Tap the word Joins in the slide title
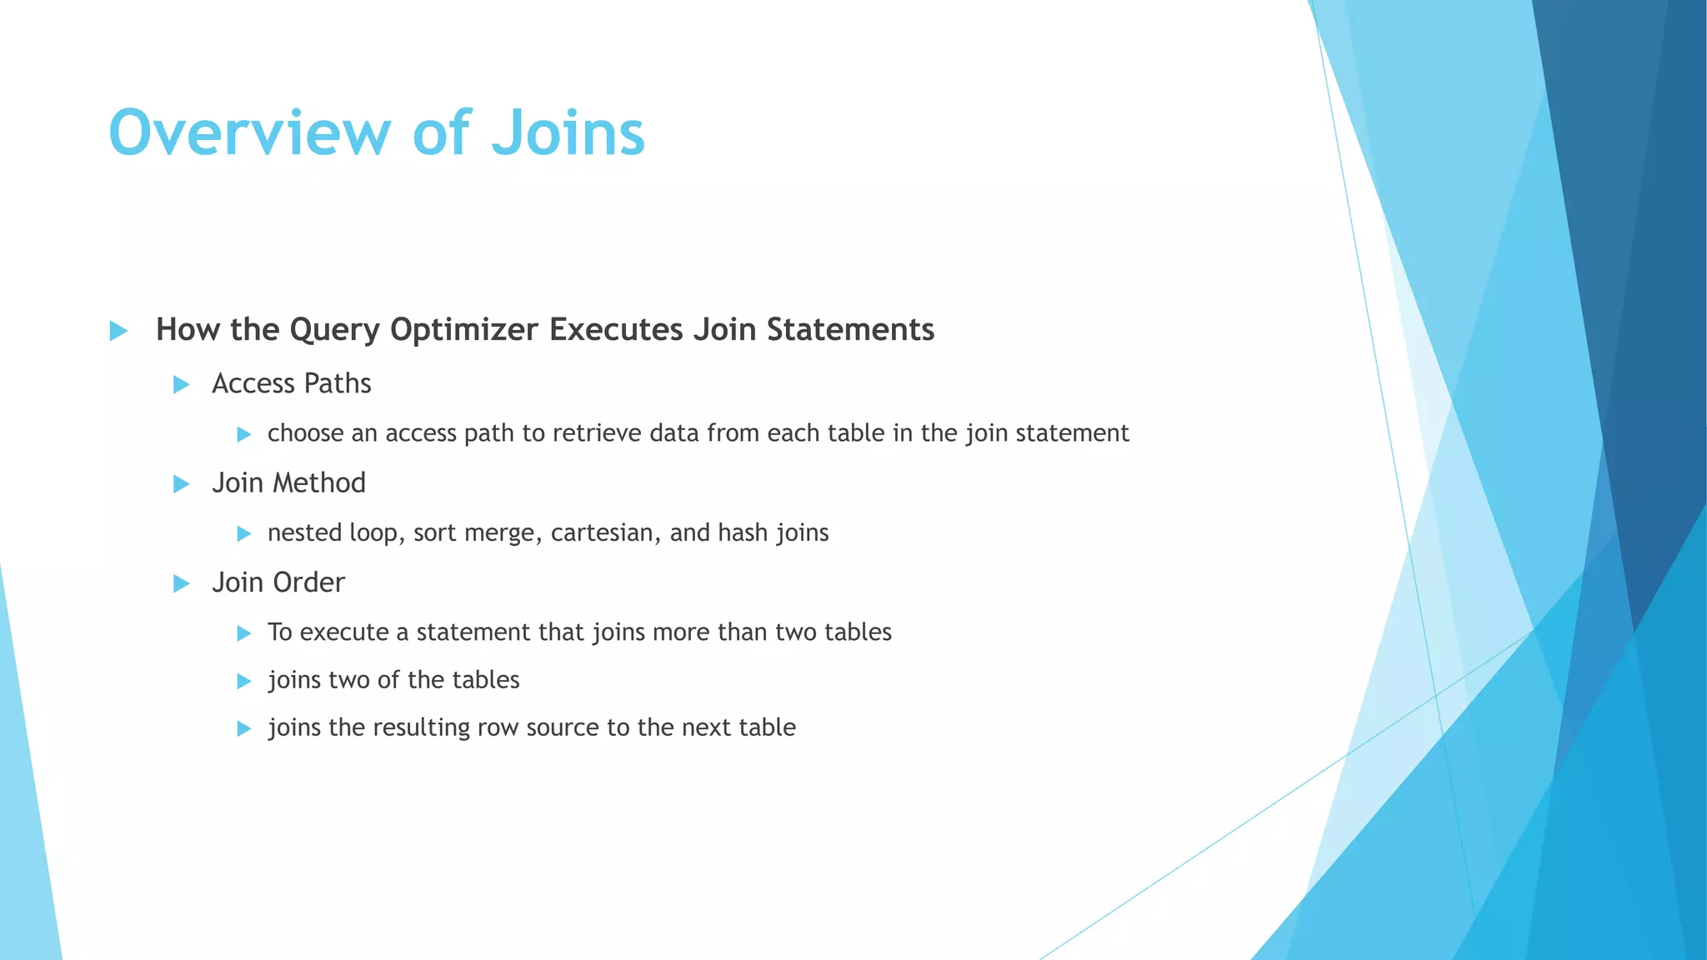click(568, 133)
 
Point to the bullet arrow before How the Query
click(118, 331)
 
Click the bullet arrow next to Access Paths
click(181, 384)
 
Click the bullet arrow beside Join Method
click(181, 483)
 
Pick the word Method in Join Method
click(323, 483)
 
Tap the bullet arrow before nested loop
click(243, 533)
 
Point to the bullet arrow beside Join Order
click(181, 583)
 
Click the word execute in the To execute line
click(343, 632)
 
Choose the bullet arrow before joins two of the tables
click(243, 681)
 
